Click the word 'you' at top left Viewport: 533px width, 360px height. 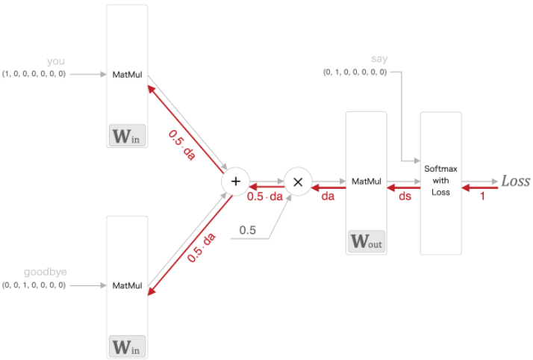[x=56, y=62]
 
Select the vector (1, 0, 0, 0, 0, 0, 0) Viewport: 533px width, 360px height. [x=34, y=73]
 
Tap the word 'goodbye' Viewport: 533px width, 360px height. [x=46, y=273]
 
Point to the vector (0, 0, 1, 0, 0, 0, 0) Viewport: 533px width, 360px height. [x=34, y=285]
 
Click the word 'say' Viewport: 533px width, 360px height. [x=379, y=59]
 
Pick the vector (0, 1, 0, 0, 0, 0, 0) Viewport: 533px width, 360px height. [x=355, y=72]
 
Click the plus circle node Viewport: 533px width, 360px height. [x=236, y=181]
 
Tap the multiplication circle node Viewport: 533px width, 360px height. [x=298, y=181]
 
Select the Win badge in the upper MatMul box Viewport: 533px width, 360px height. [x=126, y=137]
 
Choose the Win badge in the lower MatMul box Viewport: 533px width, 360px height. [x=126, y=347]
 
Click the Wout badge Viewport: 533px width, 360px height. [x=367, y=242]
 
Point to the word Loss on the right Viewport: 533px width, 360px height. [x=515, y=181]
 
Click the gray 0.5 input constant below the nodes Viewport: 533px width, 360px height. [x=248, y=231]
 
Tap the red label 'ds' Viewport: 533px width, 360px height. [x=404, y=196]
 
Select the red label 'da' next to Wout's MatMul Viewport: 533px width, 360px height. [x=328, y=196]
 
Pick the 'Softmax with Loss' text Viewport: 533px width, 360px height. [x=440, y=180]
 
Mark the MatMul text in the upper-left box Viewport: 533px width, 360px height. [x=127, y=75]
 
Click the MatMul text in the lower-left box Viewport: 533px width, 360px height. [x=127, y=285]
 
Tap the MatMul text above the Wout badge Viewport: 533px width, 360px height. [x=367, y=181]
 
